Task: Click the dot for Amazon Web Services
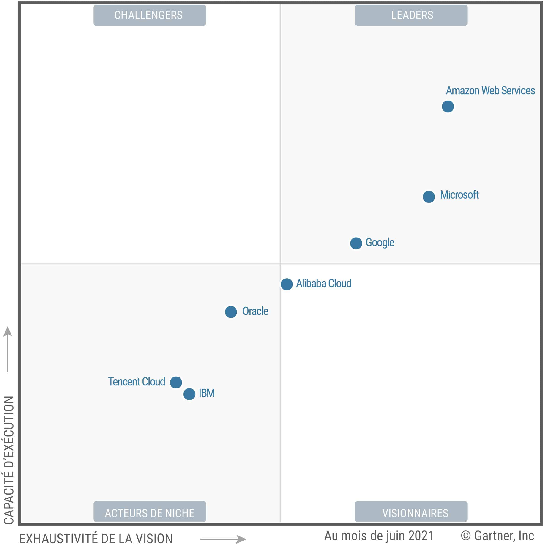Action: click(x=448, y=107)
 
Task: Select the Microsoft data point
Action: click(x=429, y=197)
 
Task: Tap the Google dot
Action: click(x=356, y=243)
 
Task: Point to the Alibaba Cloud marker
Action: click(x=287, y=284)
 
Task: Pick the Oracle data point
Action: click(x=231, y=312)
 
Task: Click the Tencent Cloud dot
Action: click(x=176, y=382)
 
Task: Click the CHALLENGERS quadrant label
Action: click(x=150, y=15)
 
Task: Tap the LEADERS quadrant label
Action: click(x=411, y=15)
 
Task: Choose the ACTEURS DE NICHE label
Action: click(x=150, y=513)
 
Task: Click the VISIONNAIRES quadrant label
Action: click(x=411, y=513)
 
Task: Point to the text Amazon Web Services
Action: click(x=490, y=91)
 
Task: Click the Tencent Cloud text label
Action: click(x=137, y=382)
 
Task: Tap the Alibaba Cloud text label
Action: click(x=323, y=284)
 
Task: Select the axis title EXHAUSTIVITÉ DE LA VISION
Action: click(x=96, y=538)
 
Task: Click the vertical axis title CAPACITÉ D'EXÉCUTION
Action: click(x=8, y=460)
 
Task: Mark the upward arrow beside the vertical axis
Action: click(x=8, y=349)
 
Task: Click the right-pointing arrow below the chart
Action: click(x=223, y=539)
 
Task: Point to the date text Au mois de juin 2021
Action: click(x=379, y=536)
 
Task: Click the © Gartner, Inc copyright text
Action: click(x=497, y=536)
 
